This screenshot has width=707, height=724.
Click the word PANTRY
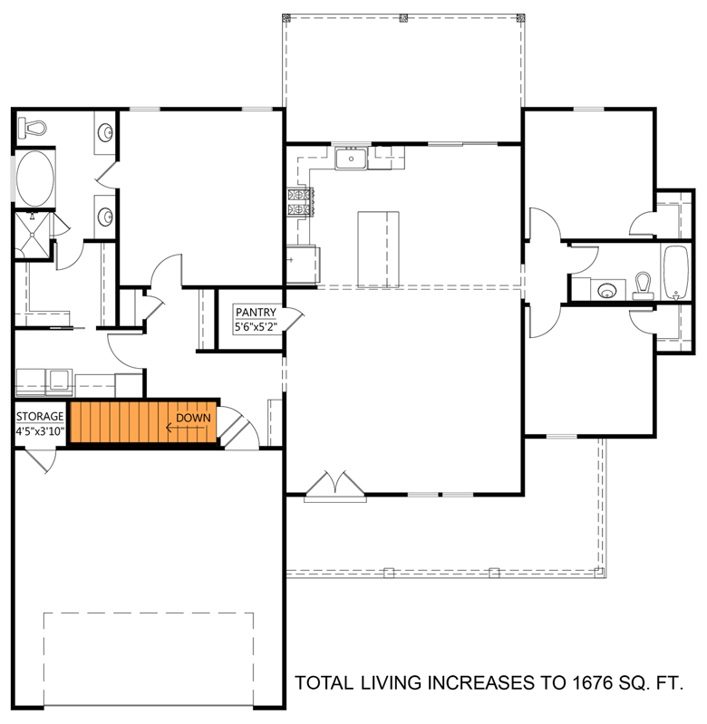pos(255,313)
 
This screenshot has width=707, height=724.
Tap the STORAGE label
pos(40,417)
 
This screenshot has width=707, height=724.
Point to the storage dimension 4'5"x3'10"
pos(40,432)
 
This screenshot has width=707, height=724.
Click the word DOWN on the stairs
pos(193,418)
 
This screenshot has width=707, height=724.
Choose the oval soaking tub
pos(35,178)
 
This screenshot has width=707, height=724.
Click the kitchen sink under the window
pos(350,160)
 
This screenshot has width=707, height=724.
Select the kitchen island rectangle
pos(379,247)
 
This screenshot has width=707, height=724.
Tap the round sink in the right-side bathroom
pos(605,290)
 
